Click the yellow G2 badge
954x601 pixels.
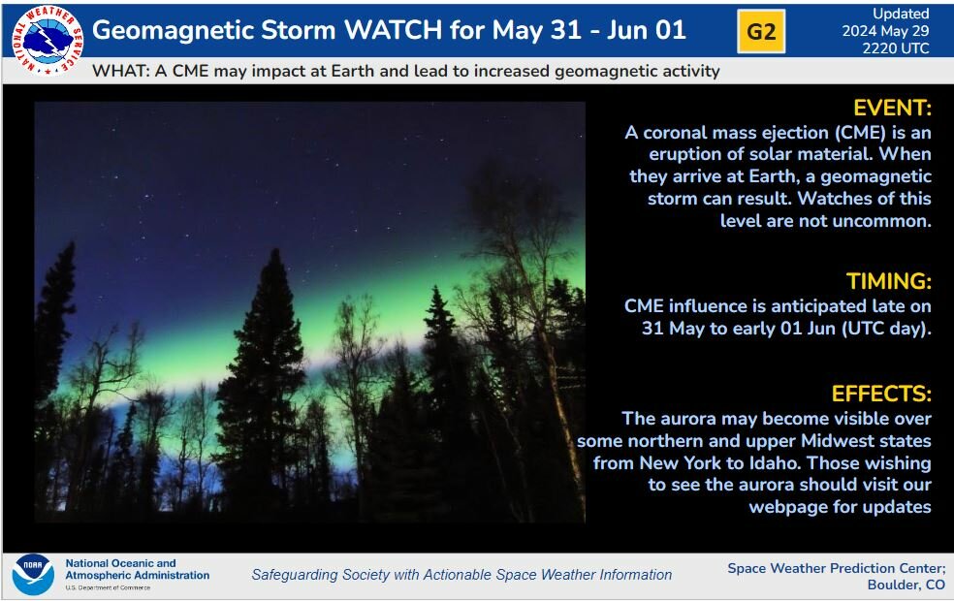pos(760,32)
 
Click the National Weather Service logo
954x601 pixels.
pos(48,40)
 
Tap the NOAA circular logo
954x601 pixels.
pos(33,574)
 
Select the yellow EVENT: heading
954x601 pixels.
pos(892,108)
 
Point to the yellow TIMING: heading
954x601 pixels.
pos(888,281)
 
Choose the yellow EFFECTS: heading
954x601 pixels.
pos(881,394)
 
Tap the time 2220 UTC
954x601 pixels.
pos(896,48)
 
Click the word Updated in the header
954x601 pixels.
pos(901,14)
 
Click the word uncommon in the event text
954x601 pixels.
pos(881,220)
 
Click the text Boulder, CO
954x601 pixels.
pos(906,585)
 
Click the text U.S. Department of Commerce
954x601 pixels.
pos(108,587)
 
